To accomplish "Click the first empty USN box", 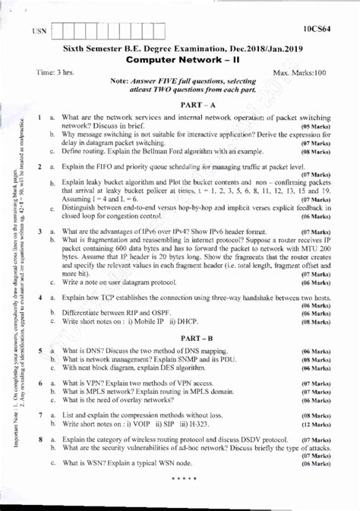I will point(60,33).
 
